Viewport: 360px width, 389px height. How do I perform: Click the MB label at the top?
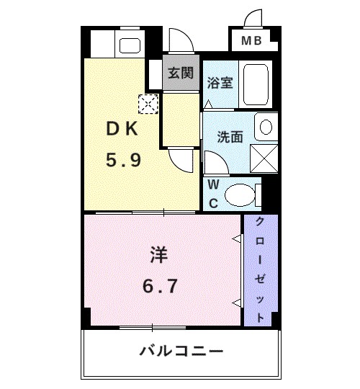[x=251, y=41]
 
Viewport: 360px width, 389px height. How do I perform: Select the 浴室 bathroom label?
[x=219, y=82]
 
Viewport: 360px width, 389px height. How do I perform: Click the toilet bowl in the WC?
[x=240, y=194]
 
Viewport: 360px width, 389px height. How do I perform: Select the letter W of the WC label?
[x=214, y=185]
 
